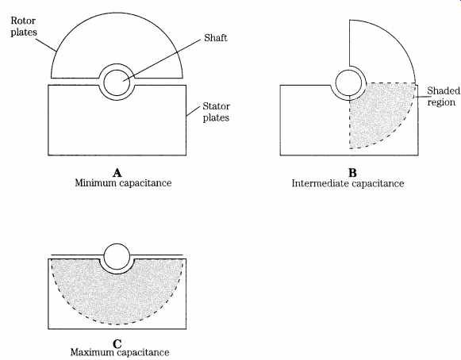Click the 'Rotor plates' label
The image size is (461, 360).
click(x=24, y=26)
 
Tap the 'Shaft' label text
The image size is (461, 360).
click(x=216, y=38)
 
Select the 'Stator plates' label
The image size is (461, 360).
click(x=216, y=112)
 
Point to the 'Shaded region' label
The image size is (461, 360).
click(x=444, y=97)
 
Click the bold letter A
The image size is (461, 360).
click(x=117, y=173)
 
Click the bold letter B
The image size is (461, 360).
click(x=352, y=173)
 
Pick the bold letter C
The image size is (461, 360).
click(x=117, y=343)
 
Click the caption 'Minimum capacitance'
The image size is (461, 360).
click(x=123, y=183)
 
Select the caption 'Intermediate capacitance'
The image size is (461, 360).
click(x=348, y=183)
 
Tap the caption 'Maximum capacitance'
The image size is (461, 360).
click(x=120, y=352)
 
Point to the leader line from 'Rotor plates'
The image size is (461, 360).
click(x=47, y=45)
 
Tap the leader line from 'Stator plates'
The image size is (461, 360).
click(x=193, y=111)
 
